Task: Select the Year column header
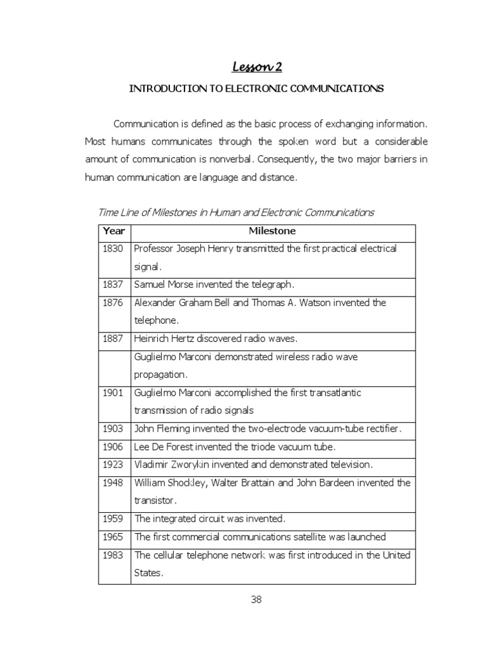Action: pyautogui.click(x=114, y=232)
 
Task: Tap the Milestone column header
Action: pyautogui.click(x=272, y=232)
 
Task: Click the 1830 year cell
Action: pyautogui.click(x=114, y=249)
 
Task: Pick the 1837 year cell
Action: pyautogui.click(x=114, y=285)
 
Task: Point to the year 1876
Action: pyautogui.click(x=114, y=303)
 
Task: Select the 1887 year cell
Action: pyautogui.click(x=114, y=339)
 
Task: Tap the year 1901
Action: pyautogui.click(x=114, y=393)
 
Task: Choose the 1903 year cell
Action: pyautogui.click(x=114, y=429)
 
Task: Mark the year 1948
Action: pyautogui.click(x=114, y=483)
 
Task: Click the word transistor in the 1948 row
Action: pyautogui.click(x=153, y=500)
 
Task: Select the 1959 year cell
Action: pyautogui.click(x=114, y=519)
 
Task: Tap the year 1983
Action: pyautogui.click(x=114, y=555)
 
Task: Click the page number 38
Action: pyautogui.click(x=256, y=600)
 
